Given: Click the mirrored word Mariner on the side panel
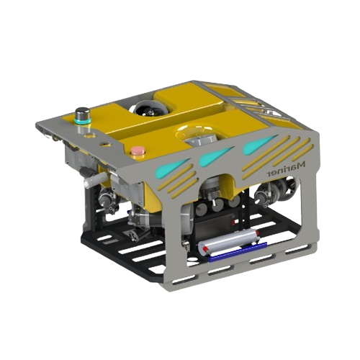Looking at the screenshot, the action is (286, 169).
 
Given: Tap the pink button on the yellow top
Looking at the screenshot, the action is (138, 151).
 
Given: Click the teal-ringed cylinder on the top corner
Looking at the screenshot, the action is (83, 116).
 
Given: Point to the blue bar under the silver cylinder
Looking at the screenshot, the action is (238, 252).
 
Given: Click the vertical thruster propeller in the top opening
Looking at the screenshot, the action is (150, 109).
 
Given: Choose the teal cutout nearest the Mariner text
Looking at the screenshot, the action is (260, 144).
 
